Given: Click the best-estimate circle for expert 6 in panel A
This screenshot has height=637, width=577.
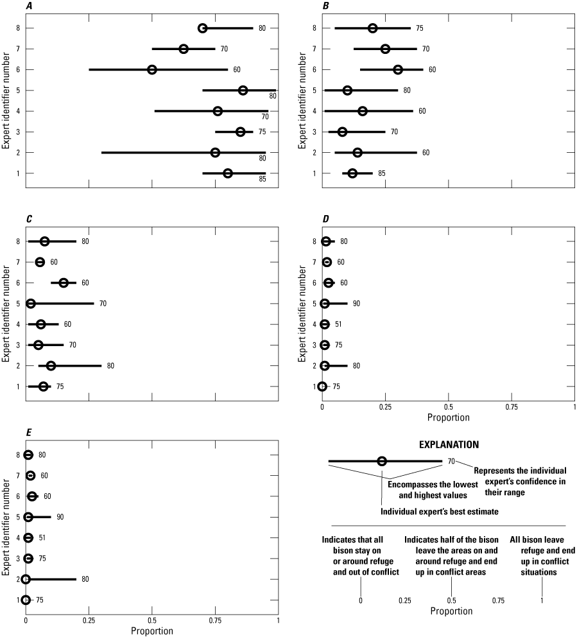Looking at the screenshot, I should point(152,69).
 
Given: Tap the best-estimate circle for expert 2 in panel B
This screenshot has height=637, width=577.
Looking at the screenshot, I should point(357,152).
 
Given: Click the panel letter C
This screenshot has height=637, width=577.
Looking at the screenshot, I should point(29,220).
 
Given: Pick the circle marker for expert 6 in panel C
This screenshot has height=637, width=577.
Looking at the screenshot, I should point(64,283).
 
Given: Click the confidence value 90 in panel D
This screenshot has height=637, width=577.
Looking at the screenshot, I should point(356,303).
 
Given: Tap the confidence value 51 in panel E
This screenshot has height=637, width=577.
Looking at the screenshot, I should point(42,537).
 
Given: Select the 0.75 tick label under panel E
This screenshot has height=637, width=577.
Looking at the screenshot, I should point(215,620).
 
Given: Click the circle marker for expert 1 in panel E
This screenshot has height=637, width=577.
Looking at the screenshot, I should point(26,600).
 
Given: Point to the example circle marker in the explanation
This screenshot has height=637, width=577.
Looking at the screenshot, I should point(382,461).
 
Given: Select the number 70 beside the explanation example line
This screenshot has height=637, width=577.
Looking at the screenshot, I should point(451,461).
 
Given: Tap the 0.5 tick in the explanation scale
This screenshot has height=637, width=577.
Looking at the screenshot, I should point(451,600).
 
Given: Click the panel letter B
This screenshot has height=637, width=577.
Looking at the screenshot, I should point(325,6).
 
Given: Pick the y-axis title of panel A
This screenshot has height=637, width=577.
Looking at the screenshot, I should point(6,101).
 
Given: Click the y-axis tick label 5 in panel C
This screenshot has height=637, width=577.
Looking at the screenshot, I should point(20,304).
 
